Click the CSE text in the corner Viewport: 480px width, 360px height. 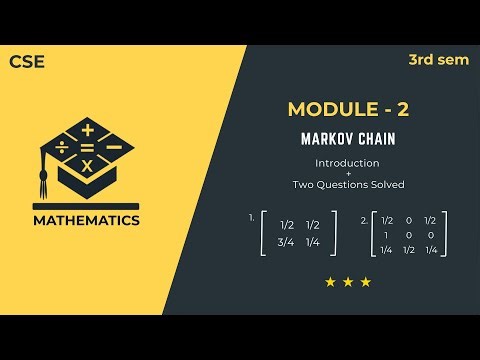pos(27,61)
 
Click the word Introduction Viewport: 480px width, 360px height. pos(347,162)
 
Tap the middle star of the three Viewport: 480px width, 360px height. pos(347,282)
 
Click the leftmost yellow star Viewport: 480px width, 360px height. pos(330,282)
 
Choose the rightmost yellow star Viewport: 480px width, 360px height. pos(365,282)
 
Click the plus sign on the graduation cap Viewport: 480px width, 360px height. pos(88,130)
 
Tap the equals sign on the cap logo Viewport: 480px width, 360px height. pos(88,148)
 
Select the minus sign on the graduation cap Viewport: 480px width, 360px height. pos(113,146)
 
